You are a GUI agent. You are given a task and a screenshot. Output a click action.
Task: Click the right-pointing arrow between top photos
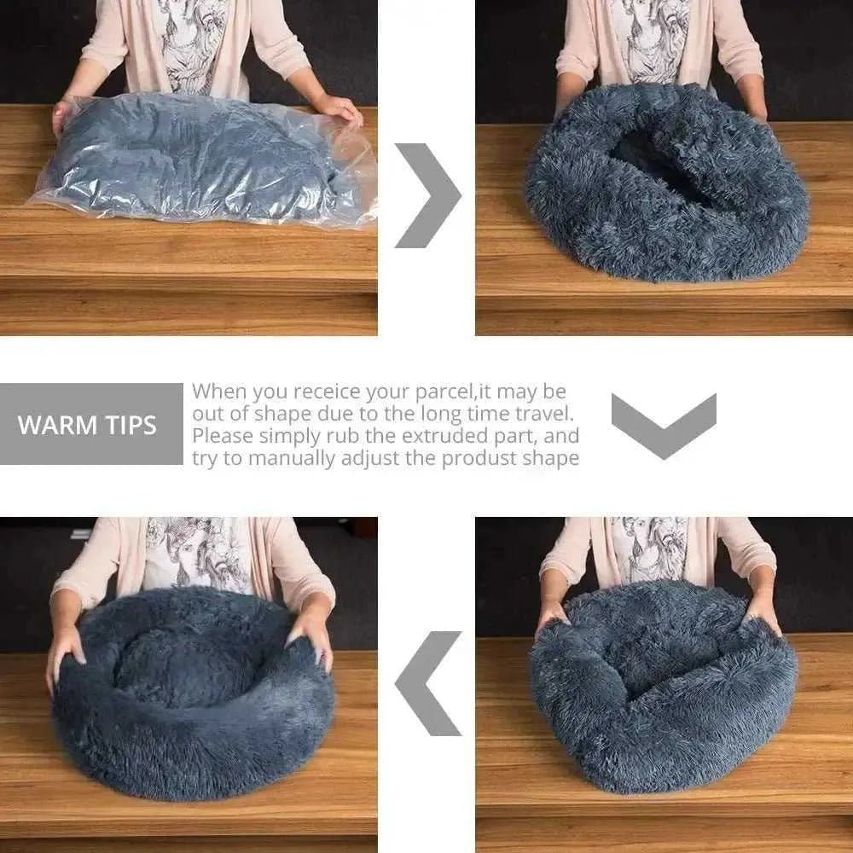pos(426,195)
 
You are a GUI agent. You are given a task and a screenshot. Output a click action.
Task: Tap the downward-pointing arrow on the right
pos(664,425)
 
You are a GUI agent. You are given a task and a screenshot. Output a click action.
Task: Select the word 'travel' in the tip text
pos(541,414)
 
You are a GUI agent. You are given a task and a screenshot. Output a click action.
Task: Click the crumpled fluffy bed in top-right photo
pos(665,188)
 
